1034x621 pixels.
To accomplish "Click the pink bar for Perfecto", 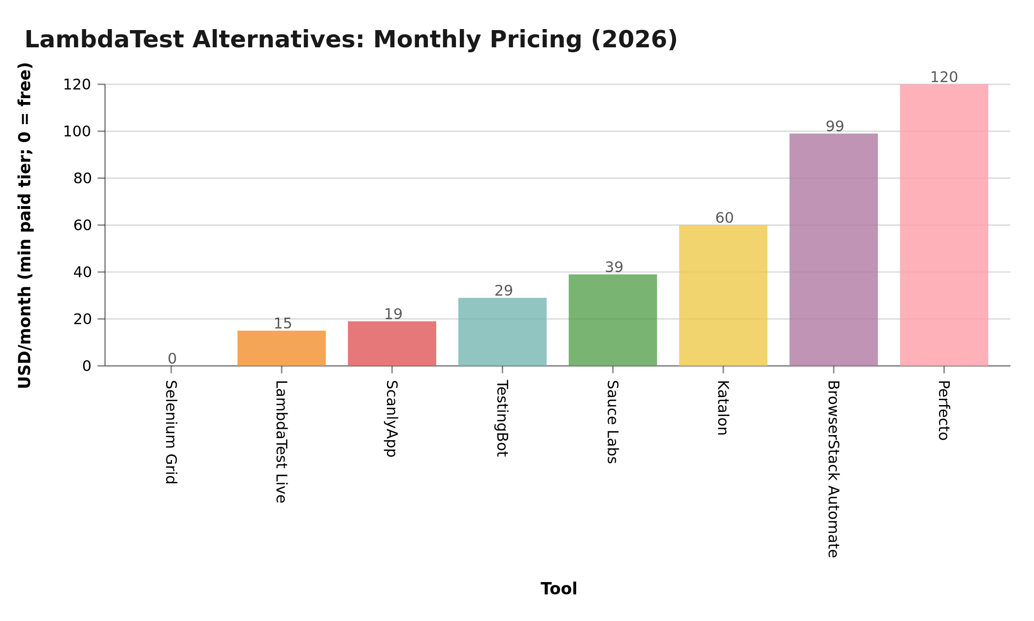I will pos(944,225).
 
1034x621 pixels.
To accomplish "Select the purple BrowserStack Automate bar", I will pos(834,249).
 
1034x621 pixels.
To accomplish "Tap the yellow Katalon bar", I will pos(723,295).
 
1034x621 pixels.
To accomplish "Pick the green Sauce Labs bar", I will pos(613,320).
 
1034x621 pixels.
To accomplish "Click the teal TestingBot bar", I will pos(502,332).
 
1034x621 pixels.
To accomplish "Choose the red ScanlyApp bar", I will pos(392,344).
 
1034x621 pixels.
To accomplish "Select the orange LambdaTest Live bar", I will pos(282,348).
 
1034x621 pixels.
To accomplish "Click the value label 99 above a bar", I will pos(835,126).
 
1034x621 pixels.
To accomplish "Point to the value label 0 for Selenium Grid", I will pos(172,358).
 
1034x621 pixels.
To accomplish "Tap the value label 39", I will pos(614,267).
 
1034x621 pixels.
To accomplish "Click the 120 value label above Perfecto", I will pos(944,77).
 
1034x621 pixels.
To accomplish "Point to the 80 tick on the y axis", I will pos(82,178).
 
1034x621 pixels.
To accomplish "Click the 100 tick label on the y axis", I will pos(77,132).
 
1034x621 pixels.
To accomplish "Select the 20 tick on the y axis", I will pos(82,319).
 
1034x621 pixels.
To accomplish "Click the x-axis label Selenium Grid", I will pos(171,432).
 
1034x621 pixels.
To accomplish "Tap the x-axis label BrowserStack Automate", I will pos(833,469).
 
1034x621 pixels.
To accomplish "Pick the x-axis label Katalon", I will pos(723,408).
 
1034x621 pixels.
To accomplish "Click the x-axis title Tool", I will pos(558,589).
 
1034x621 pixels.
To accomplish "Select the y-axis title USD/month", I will pos(25,225).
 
